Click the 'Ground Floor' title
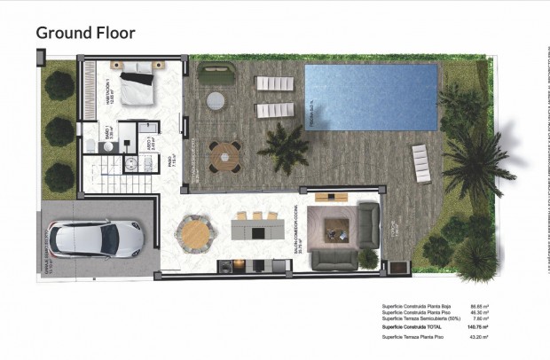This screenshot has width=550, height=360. (85, 34)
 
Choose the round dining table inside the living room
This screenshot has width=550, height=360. (194, 232)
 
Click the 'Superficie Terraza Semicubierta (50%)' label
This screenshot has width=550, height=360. (420, 317)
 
